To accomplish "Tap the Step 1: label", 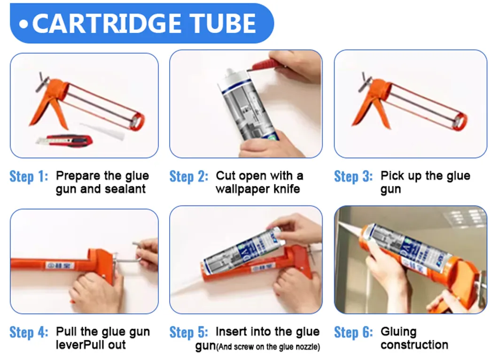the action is coord(29,176).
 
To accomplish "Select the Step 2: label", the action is coord(189,176).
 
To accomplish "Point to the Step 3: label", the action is coord(353,176).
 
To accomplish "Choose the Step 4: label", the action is coord(29,332).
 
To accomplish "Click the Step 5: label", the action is coord(189,332).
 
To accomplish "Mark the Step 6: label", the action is coord(353,332).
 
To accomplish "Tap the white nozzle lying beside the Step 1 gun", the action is coord(101,130).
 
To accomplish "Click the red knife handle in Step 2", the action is coord(266,65).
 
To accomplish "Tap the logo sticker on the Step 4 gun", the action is coord(60,265).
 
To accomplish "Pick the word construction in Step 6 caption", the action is coord(414,345).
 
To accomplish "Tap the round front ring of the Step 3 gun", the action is coord(459,122).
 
